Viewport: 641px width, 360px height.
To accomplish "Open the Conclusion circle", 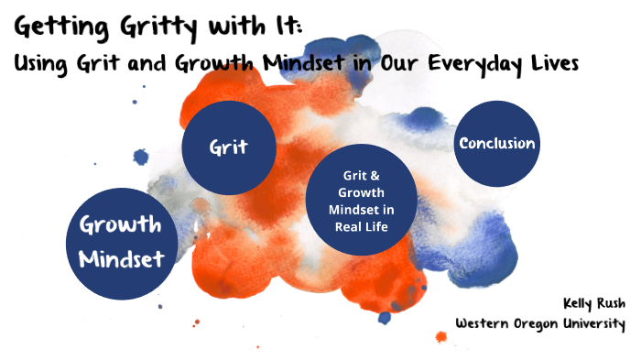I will pyautogui.click(x=496, y=143).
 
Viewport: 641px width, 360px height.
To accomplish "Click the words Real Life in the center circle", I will pyautogui.click(x=362, y=227).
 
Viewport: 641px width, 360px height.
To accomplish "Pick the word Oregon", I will pyautogui.click(x=543, y=323).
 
